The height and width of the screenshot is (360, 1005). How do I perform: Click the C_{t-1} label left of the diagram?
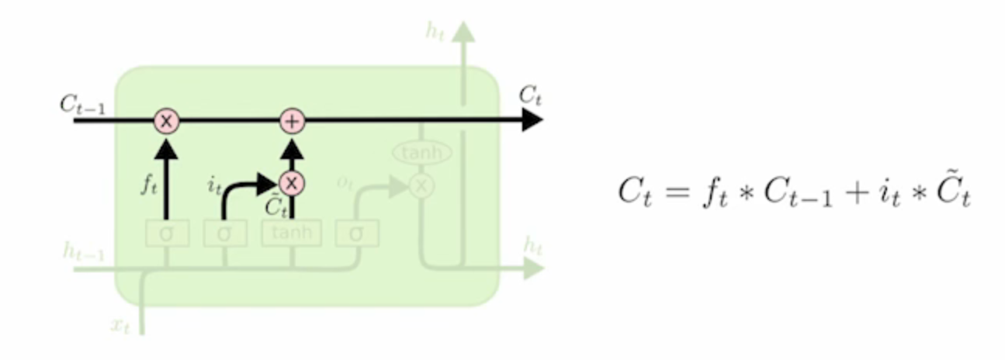[82, 106]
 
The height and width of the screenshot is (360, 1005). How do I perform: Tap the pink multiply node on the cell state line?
[166, 121]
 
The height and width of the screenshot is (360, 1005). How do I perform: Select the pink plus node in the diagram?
[292, 121]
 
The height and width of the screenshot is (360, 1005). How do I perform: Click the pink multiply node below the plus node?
[292, 183]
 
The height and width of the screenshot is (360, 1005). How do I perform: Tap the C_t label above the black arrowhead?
[530, 96]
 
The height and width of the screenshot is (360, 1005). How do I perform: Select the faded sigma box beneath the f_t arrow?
[167, 233]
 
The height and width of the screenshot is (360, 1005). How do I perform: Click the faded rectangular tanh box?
[291, 233]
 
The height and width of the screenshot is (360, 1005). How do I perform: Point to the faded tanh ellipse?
[421, 153]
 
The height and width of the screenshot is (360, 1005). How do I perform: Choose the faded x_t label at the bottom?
[120, 326]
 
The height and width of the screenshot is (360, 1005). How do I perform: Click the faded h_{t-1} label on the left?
[84, 251]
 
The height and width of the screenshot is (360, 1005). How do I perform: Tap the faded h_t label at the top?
[435, 31]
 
